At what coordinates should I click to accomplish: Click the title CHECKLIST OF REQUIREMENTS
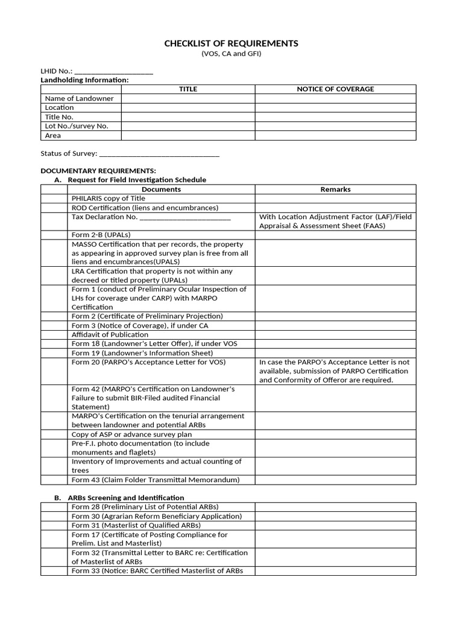click(231, 43)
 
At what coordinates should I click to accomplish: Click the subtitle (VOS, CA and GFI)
click(231, 54)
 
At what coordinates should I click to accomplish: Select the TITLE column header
click(187, 89)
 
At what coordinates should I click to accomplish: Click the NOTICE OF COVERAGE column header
click(335, 89)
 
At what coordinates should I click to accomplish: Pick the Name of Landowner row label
click(80, 98)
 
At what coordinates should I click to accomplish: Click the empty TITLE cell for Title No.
click(187, 117)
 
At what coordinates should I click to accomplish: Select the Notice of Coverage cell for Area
click(335, 136)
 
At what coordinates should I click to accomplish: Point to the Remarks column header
click(335, 190)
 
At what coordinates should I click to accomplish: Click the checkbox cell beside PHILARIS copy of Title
click(54, 199)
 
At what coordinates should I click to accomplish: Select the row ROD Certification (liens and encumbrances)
click(145, 208)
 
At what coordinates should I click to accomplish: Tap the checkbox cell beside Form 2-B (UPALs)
click(54, 235)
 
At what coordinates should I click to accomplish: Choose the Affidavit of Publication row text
click(110, 334)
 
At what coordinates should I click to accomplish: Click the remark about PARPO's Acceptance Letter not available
click(335, 371)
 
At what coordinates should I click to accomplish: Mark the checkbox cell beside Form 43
click(54, 480)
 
